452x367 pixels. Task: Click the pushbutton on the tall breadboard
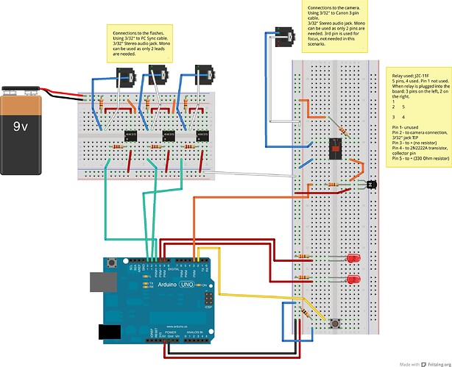(x=337, y=324)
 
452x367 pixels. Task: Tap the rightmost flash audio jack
(x=202, y=74)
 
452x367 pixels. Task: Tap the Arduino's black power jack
(x=108, y=332)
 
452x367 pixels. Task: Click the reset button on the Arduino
(x=113, y=262)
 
